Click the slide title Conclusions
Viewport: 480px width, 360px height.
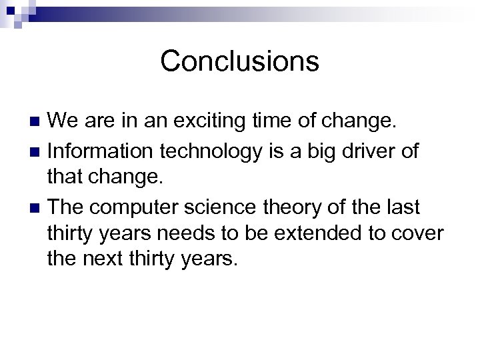point(239,61)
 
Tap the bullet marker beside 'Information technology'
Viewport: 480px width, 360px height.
point(37,151)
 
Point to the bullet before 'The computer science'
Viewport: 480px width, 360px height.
point(37,208)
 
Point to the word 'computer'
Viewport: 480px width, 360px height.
point(137,208)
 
